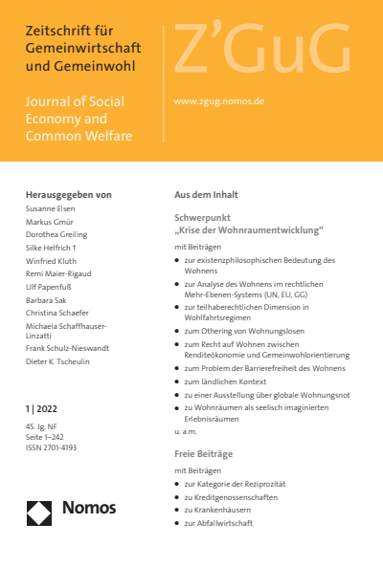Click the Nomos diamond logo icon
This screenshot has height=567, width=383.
39,512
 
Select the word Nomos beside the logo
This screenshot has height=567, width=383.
90,512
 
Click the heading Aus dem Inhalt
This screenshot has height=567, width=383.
206,194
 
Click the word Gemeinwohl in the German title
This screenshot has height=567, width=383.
107,65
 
